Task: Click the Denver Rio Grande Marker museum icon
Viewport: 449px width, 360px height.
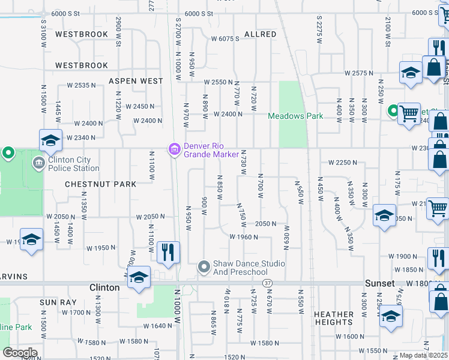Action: pyautogui.click(x=174, y=149)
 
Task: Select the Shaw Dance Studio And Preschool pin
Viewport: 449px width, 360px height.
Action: pyautogui.click(x=204, y=265)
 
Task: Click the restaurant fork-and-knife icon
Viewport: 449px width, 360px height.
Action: pyautogui.click(x=168, y=251)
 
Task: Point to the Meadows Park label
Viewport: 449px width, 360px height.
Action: pyautogui.click(x=295, y=116)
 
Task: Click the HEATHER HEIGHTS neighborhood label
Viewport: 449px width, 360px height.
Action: pyautogui.click(x=334, y=318)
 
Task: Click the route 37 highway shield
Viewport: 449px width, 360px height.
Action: pyautogui.click(x=268, y=283)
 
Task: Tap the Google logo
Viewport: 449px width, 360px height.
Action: pyautogui.click(x=20, y=352)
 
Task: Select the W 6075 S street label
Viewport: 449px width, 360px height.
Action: pyautogui.click(x=225, y=39)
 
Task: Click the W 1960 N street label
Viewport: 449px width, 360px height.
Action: pyautogui.click(x=244, y=237)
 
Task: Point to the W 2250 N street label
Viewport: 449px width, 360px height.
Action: pyautogui.click(x=343, y=163)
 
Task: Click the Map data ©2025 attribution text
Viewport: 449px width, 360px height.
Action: pyautogui.click(x=423, y=355)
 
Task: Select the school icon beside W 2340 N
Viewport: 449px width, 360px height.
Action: pyautogui.click(x=50, y=141)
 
